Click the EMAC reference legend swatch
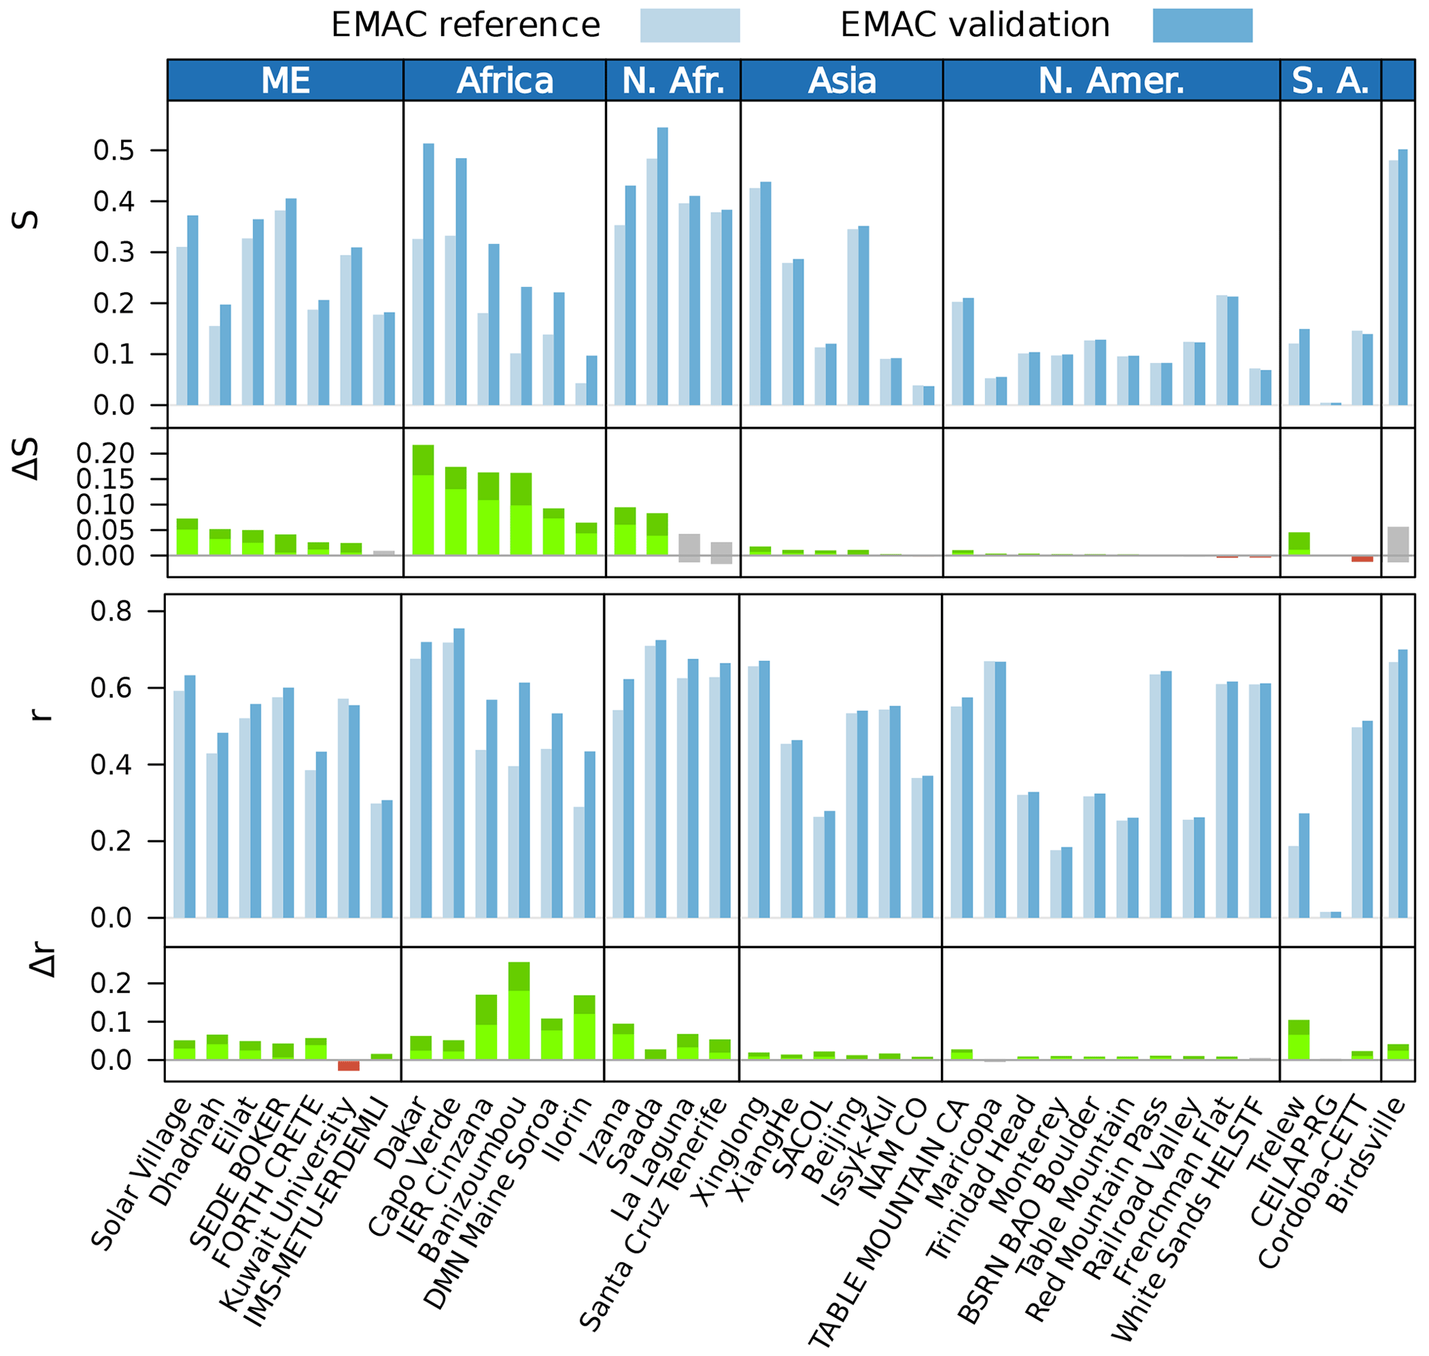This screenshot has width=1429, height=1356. [689, 26]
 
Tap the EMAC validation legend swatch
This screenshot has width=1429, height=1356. [1202, 26]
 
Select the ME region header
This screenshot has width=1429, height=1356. [286, 80]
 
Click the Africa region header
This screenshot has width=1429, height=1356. [505, 80]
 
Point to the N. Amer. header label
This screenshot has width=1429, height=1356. [1111, 80]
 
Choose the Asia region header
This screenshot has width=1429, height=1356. [842, 80]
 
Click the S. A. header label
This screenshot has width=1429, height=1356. [1330, 80]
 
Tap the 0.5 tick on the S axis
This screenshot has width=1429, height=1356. [113, 151]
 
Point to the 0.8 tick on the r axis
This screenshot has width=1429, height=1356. [111, 612]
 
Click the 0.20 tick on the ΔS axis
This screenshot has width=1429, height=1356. [106, 453]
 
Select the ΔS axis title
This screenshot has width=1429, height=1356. [27, 460]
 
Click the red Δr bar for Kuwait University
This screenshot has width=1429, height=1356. [348, 1066]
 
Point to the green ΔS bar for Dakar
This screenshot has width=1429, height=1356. [423, 500]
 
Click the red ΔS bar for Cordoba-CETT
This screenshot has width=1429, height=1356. [1362, 558]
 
